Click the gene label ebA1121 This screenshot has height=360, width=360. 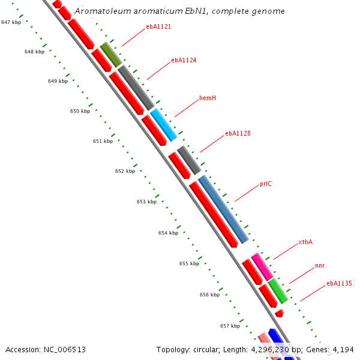(x=158, y=27)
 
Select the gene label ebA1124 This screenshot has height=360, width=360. (x=184, y=60)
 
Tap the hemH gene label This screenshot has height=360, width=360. (x=208, y=98)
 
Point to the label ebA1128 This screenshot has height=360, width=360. (x=238, y=133)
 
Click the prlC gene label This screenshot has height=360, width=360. (x=266, y=184)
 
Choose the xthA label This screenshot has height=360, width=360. (x=305, y=242)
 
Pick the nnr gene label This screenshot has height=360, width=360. (x=320, y=265)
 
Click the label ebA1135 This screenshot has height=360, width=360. (x=339, y=283)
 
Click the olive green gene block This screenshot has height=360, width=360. (x=110, y=54)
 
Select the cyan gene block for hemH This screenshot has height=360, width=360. (x=163, y=125)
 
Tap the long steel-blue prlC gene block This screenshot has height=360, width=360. (x=223, y=209)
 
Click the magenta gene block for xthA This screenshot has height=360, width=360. (x=262, y=266)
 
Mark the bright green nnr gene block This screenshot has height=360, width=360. (x=278, y=290)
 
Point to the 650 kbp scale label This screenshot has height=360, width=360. (x=80, y=111)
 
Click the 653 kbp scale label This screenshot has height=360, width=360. (x=146, y=202)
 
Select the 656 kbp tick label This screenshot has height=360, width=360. (x=209, y=295)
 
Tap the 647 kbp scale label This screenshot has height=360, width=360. (x=11, y=22)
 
